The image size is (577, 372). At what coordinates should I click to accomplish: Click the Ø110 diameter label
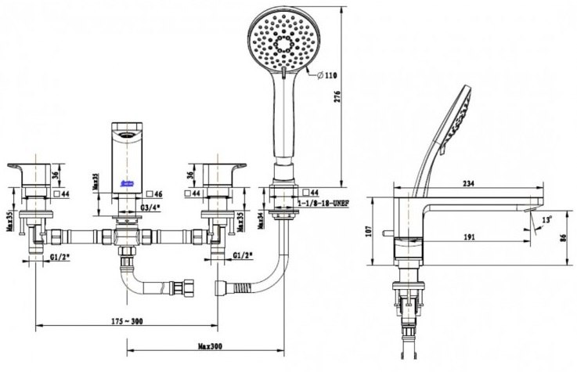[324, 76]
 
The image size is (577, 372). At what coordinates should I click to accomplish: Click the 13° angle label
[545, 220]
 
